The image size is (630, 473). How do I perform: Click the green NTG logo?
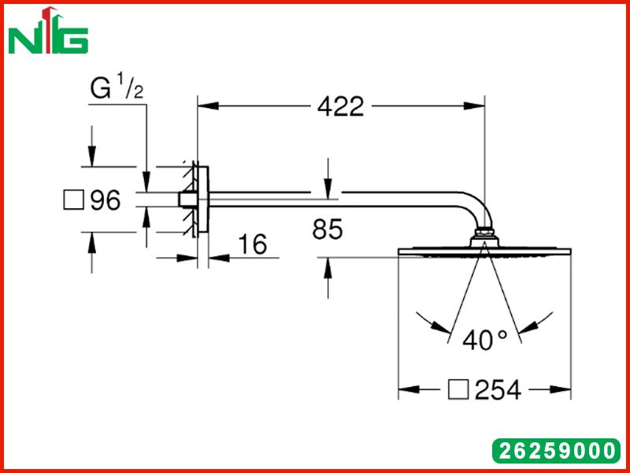[x=48, y=31]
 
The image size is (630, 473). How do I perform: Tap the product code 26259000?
[x=556, y=450]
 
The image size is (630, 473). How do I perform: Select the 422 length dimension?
[x=341, y=106]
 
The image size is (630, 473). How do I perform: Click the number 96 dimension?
[x=106, y=200]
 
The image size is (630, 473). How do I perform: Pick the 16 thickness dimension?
[x=252, y=244]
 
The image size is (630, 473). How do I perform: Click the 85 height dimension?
[x=328, y=229]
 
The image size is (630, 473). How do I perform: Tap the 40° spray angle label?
[x=484, y=341]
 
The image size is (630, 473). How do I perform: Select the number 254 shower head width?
[x=498, y=389]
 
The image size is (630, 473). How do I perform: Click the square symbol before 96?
[x=74, y=200]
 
